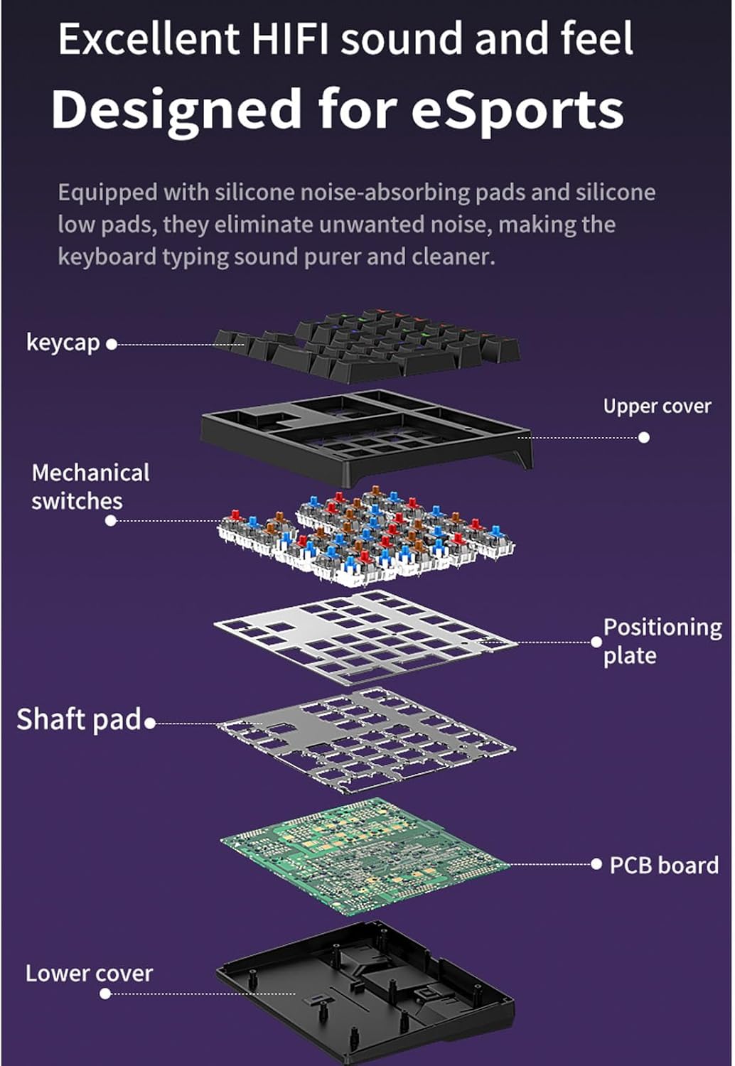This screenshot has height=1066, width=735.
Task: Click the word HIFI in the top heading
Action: pyautogui.click(x=290, y=38)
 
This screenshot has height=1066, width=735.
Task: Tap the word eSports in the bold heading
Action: pyautogui.click(x=517, y=110)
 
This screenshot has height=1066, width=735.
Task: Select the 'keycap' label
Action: pyautogui.click(x=63, y=343)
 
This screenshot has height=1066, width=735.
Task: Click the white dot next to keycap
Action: pyautogui.click(x=112, y=345)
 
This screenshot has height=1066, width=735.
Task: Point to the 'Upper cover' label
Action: pyautogui.click(x=657, y=407)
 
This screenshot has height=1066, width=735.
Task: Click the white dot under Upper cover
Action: pyautogui.click(x=643, y=437)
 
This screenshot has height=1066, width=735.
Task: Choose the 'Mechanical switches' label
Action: pyautogui.click(x=90, y=487)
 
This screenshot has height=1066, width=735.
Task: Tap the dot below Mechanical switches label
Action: pyautogui.click(x=110, y=521)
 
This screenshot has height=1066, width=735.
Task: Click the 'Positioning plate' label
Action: pyautogui.click(x=662, y=642)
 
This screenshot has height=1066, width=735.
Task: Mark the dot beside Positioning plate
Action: pyautogui.click(x=596, y=642)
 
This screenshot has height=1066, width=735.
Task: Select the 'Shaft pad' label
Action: pyautogui.click(x=78, y=719)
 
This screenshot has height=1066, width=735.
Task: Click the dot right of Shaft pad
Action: pyautogui.click(x=150, y=723)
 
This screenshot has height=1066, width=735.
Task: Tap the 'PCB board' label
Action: pyautogui.click(x=664, y=865)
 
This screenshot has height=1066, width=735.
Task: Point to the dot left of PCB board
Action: pyautogui.click(x=596, y=864)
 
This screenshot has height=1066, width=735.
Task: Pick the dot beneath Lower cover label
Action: pyautogui.click(x=105, y=994)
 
